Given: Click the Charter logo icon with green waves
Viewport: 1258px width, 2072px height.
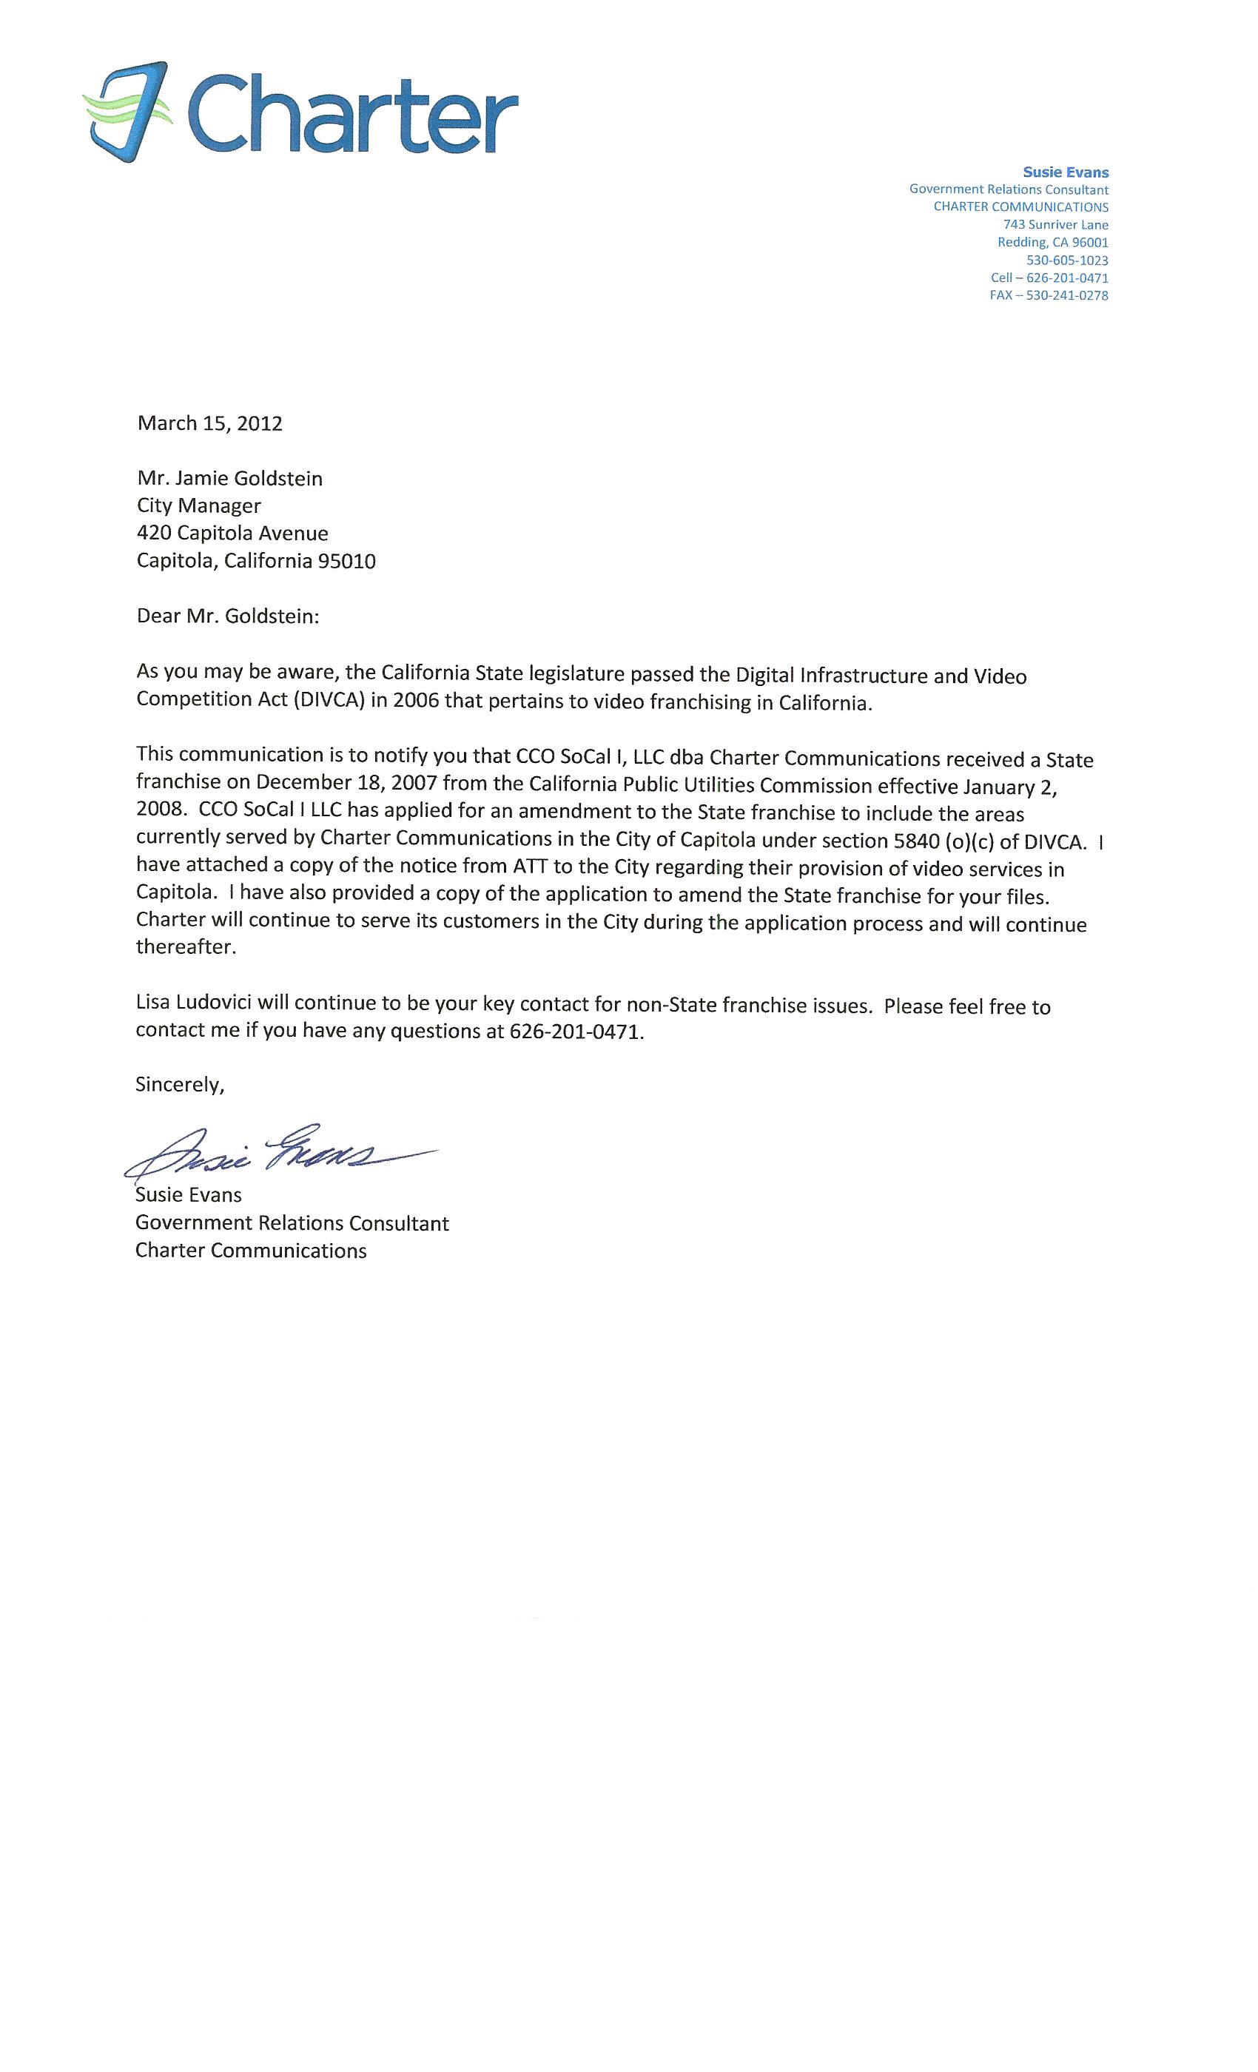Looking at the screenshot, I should (x=126, y=112).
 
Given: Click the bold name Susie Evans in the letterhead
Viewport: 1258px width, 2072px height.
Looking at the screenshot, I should (x=1066, y=172).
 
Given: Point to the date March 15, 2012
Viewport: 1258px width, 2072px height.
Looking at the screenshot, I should (x=209, y=423).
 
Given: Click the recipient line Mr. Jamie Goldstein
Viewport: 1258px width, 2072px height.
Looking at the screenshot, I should (x=229, y=479).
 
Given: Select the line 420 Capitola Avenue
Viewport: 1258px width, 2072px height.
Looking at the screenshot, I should (x=232, y=533).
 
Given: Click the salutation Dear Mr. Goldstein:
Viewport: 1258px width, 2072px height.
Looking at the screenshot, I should (x=228, y=616).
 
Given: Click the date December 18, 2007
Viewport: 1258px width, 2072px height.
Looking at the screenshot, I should (x=346, y=783).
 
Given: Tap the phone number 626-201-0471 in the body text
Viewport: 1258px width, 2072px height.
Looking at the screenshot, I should (x=575, y=1032).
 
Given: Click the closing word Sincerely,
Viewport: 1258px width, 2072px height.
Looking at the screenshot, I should (x=180, y=1085).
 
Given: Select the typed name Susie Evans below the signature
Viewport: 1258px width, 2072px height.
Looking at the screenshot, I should (x=189, y=1195).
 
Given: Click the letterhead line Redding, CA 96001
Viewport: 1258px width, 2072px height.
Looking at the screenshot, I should (x=1053, y=243).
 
